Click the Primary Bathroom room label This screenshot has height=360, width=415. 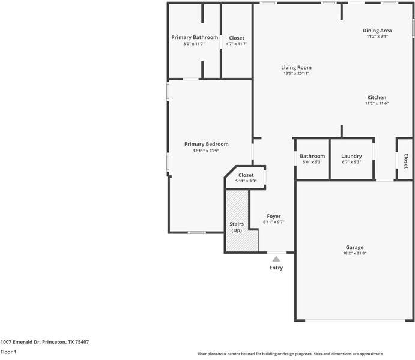click(195, 37)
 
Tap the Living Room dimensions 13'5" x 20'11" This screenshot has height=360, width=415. click(296, 73)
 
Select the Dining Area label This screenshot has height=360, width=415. click(377, 31)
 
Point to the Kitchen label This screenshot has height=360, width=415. click(377, 97)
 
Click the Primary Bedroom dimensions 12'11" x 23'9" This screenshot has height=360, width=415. click(205, 151)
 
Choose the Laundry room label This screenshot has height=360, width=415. click(351, 156)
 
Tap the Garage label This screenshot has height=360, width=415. click(354, 247)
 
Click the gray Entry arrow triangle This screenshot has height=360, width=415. click(276, 259)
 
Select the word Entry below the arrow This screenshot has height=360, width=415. click(276, 268)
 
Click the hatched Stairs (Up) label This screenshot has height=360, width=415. click(237, 227)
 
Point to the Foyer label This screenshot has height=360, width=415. click(274, 216)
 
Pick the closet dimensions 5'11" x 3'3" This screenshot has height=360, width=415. click(246, 181)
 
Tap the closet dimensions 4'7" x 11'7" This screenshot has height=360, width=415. click(237, 44)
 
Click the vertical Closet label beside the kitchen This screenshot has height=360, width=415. click(405, 161)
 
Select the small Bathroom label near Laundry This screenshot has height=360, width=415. click(312, 156)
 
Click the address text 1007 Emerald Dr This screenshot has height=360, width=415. click(20, 342)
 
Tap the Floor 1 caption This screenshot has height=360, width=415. click(8, 352)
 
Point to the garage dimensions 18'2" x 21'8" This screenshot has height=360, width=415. click(354, 253)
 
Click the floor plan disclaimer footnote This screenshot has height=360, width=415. click(290, 354)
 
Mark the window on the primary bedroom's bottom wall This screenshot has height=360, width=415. click(196, 233)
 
